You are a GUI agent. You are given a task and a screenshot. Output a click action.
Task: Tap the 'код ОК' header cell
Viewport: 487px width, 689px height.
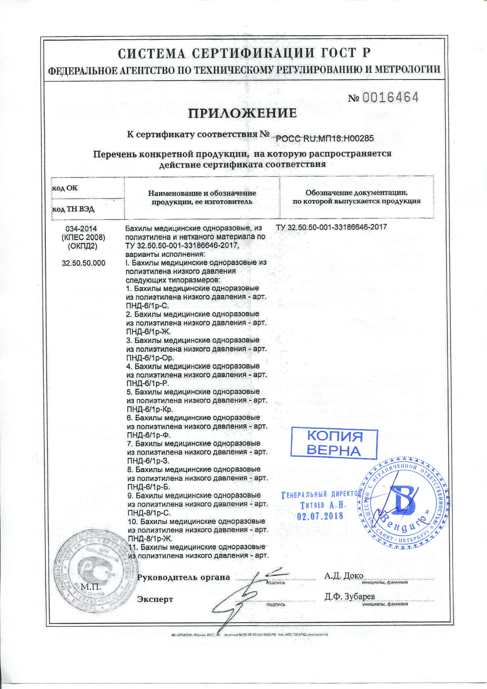click(65, 188)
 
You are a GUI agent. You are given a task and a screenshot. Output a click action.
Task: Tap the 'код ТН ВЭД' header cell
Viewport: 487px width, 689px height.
click(74, 209)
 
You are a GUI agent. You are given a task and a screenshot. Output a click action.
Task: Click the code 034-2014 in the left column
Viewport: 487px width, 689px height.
click(83, 229)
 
